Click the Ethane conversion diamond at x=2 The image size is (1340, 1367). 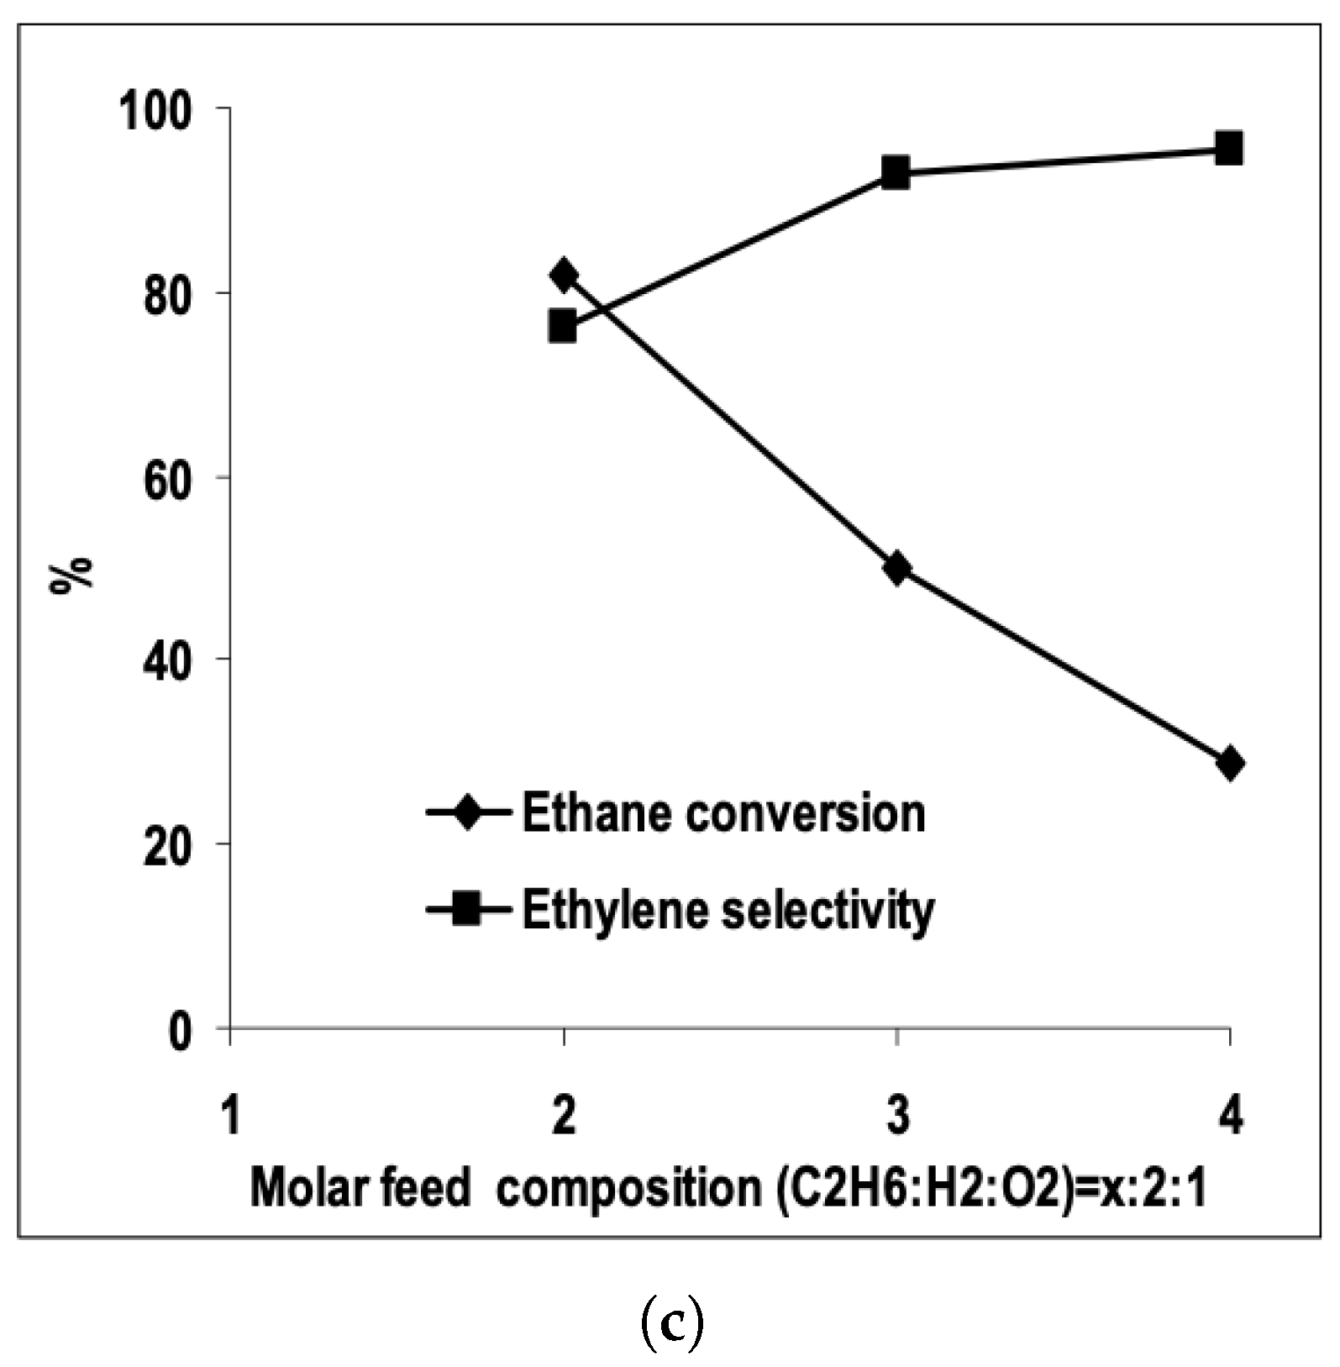(x=564, y=275)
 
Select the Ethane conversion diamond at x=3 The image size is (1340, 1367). (x=897, y=569)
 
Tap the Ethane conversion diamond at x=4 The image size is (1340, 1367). (x=1230, y=763)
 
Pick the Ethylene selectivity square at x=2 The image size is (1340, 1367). (x=563, y=326)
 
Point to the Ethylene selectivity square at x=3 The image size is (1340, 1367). (x=896, y=173)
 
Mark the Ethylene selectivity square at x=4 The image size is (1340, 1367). (x=1229, y=149)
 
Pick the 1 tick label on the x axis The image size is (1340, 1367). (x=230, y=1117)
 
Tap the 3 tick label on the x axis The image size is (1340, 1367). (x=897, y=1117)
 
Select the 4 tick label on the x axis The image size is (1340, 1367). (x=1230, y=1117)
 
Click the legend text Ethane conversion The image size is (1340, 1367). (x=723, y=813)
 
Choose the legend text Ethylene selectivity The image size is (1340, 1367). (x=728, y=910)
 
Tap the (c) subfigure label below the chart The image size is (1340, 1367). (x=671, y=1322)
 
